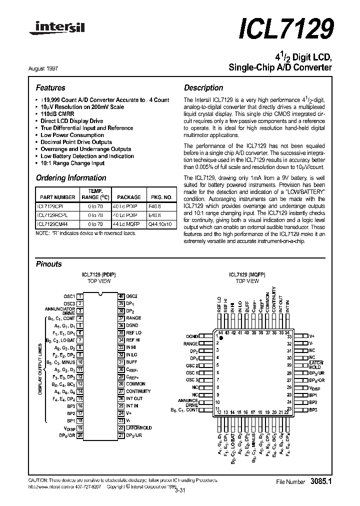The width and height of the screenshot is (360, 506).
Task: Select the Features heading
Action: (x=50, y=87)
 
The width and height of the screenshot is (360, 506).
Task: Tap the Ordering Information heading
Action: (x=71, y=178)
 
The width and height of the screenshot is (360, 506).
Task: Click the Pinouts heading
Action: (x=49, y=264)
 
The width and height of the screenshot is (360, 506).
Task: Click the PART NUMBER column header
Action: (x=57, y=197)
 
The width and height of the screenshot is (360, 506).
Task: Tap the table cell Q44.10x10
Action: (x=159, y=224)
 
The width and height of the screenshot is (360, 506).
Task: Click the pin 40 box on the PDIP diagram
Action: (x=121, y=296)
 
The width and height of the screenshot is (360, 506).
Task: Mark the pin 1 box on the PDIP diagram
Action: (x=81, y=296)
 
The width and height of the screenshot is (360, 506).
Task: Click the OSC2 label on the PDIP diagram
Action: (x=132, y=296)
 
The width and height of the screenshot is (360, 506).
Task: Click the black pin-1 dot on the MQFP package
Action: (x=222, y=338)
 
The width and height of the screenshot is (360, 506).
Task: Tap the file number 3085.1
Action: (x=321, y=481)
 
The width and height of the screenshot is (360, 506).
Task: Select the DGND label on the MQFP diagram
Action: (x=192, y=336)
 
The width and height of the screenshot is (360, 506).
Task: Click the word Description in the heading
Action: (x=203, y=87)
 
